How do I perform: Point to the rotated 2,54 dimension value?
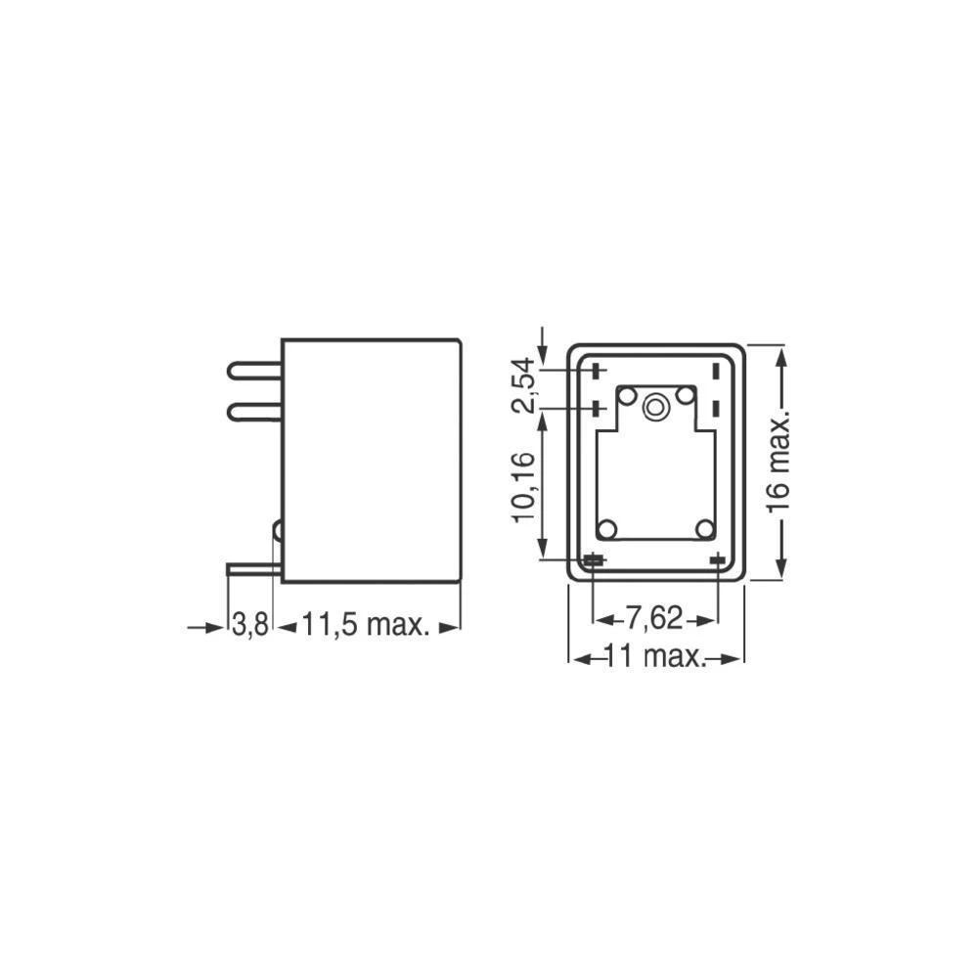click(x=526, y=385)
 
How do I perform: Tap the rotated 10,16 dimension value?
click(x=526, y=486)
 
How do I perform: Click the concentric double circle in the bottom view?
click(x=656, y=403)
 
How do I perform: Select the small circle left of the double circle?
click(x=627, y=396)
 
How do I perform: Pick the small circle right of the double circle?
click(x=686, y=396)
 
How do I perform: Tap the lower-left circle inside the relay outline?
click(x=607, y=529)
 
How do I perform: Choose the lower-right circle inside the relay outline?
click(x=705, y=529)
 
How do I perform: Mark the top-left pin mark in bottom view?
click(x=595, y=371)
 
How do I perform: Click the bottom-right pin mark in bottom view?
click(x=718, y=559)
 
